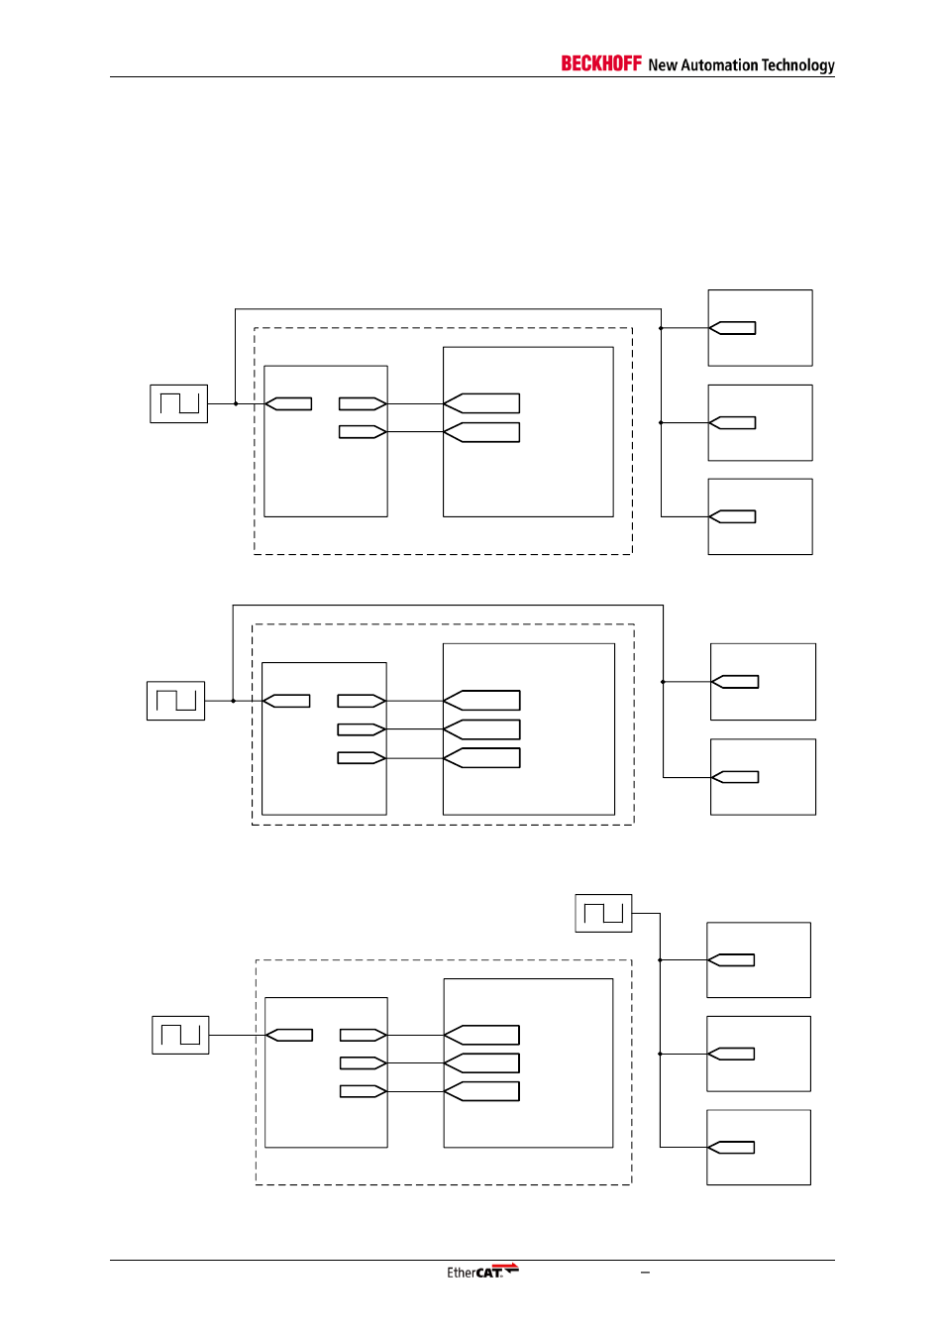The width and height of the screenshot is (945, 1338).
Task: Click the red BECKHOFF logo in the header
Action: click(601, 63)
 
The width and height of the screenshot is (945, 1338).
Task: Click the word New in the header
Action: click(662, 65)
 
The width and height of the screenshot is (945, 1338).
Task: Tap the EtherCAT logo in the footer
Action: click(482, 1272)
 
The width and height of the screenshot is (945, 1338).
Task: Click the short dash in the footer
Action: click(645, 1273)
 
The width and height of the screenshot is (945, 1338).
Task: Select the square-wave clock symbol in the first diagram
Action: click(179, 403)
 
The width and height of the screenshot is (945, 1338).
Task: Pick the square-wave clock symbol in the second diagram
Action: click(176, 701)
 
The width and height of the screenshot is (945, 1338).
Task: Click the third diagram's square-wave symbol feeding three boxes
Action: click(603, 913)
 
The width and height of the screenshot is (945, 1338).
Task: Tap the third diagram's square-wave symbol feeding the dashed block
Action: click(180, 1035)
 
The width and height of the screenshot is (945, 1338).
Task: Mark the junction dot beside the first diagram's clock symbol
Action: click(235, 403)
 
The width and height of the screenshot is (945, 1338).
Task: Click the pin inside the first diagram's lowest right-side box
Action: click(733, 516)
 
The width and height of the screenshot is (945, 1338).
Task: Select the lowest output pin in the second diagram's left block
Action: click(361, 758)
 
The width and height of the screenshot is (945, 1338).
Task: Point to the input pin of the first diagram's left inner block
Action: click(289, 403)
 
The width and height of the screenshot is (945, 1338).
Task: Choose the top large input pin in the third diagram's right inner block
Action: click(482, 1035)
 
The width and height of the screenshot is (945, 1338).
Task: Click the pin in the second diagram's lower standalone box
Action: click(735, 777)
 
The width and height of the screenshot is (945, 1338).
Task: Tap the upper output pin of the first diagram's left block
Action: click(362, 403)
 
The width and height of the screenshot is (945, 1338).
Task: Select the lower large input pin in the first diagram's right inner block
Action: click(482, 432)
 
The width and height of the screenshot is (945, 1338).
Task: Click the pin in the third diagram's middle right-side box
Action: click(731, 1054)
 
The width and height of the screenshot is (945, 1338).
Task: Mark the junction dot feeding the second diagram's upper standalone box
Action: click(663, 682)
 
